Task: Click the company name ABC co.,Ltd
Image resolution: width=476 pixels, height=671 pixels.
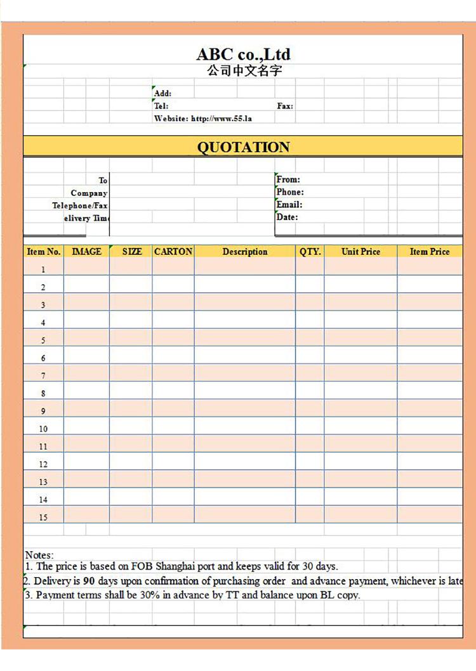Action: [243, 54]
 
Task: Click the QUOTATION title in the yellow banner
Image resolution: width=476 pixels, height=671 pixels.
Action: [243, 147]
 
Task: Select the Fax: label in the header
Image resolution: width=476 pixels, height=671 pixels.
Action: [285, 106]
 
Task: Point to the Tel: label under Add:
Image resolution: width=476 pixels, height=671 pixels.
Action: [161, 106]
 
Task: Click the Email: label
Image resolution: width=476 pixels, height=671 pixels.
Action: [289, 204]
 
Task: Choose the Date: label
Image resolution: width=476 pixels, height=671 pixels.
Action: [287, 217]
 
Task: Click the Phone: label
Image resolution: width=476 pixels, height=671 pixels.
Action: [290, 192]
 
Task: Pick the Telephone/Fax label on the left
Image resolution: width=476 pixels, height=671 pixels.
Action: [80, 205]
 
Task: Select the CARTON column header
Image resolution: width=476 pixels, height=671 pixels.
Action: [173, 251]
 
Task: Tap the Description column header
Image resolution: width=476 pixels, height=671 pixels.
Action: [245, 252]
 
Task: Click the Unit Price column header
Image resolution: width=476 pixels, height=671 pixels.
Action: [360, 251]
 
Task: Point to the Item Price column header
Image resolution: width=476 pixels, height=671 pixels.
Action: [430, 251]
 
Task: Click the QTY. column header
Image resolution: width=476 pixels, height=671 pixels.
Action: [310, 251]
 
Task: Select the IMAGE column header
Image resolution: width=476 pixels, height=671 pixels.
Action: [86, 251]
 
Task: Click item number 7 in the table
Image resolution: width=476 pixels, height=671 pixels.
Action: [43, 375]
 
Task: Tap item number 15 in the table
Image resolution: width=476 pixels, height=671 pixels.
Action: [43, 518]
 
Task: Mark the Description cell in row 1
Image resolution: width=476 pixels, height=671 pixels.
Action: [245, 269]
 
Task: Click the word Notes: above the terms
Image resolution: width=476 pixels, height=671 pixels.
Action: [39, 555]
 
